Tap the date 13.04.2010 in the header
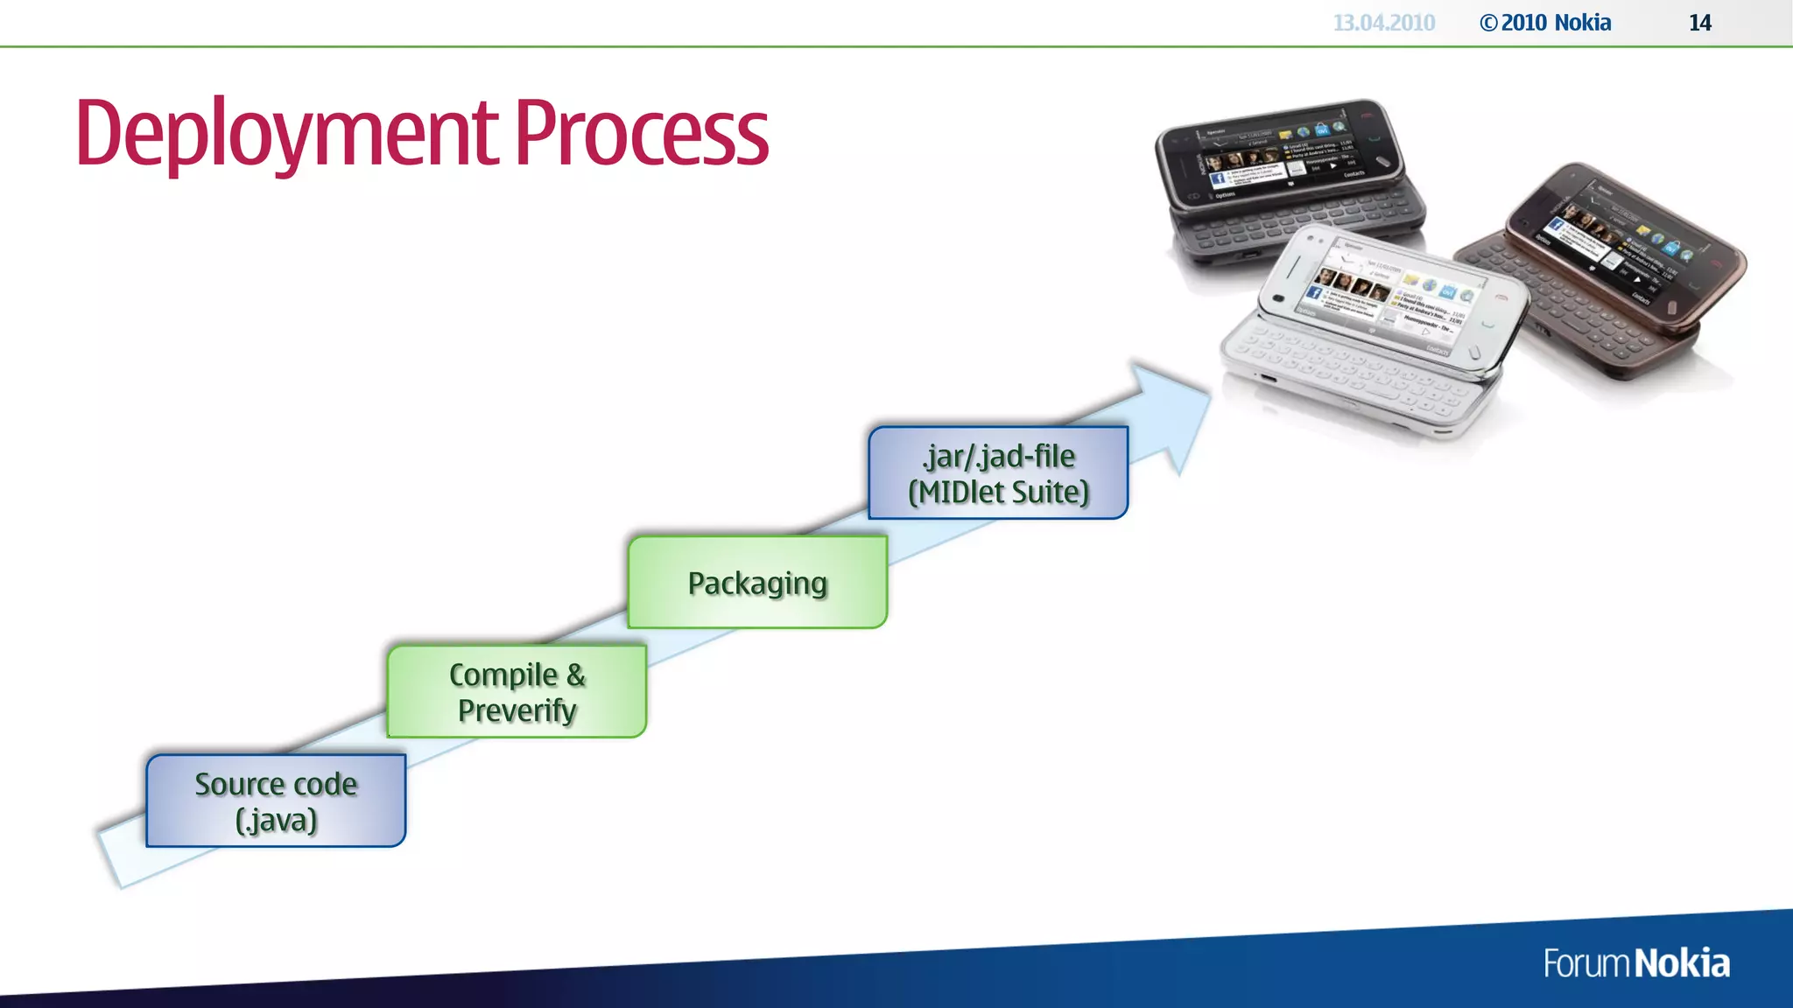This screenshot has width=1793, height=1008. click(1383, 23)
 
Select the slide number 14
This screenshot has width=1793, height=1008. click(1699, 23)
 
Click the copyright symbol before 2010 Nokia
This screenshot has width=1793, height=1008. click(1488, 24)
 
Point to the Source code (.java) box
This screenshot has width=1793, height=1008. click(276, 801)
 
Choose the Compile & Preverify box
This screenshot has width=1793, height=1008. click(517, 692)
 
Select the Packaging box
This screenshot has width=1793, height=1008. click(757, 583)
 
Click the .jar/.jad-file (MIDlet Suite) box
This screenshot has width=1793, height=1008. click(998, 473)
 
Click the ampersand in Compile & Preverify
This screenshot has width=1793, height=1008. click(575, 675)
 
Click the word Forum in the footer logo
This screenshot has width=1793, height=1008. click(1586, 963)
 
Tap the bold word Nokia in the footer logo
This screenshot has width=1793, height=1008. click(1682, 963)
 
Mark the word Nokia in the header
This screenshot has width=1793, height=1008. click(1583, 23)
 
